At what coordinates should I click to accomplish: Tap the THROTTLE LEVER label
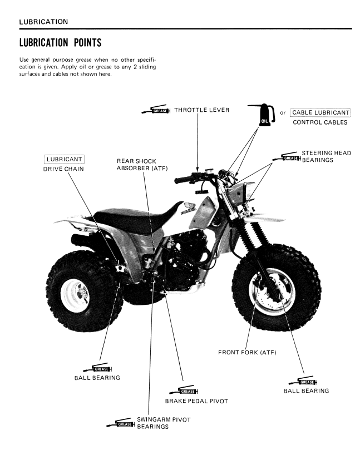pos(201,110)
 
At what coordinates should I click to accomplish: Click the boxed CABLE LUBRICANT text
pos(320,112)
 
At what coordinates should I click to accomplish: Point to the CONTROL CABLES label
pos(320,122)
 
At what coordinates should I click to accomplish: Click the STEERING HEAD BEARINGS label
pos(326,156)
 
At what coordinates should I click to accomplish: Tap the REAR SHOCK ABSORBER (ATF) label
pos(142,165)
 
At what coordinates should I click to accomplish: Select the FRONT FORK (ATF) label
pos(247,353)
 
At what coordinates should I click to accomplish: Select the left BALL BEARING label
pos(97,378)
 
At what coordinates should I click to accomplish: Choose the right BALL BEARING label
pos(306,390)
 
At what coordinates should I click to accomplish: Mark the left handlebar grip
pos(183,181)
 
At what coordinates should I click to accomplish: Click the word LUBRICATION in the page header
pos(43,22)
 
